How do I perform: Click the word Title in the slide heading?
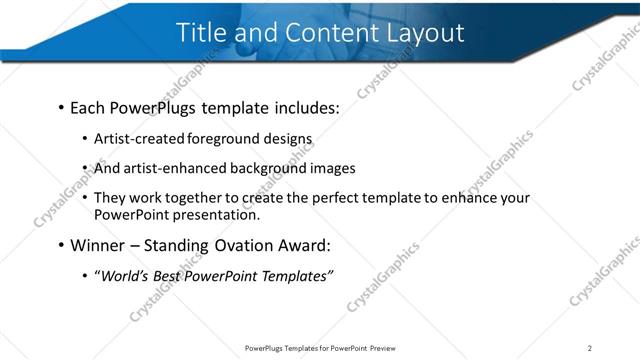tap(203, 32)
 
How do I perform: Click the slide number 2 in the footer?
tap(590, 347)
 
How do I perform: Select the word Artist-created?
tap(139, 139)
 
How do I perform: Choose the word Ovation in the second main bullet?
tap(246, 245)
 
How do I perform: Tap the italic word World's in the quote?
tap(124, 276)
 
